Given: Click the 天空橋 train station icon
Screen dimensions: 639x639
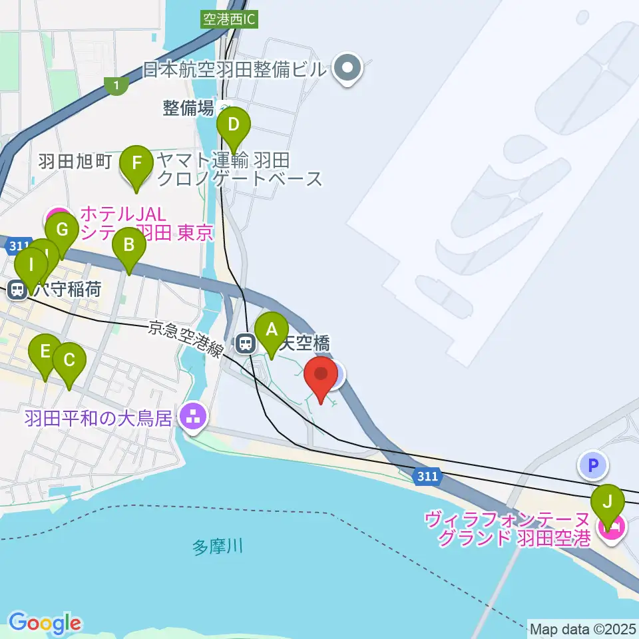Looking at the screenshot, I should pos(246,343).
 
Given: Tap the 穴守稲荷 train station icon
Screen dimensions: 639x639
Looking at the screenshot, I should pos(17,290).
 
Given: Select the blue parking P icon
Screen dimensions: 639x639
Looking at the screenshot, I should pos(593,464).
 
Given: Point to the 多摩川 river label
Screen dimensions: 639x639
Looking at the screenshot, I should pos(217,548).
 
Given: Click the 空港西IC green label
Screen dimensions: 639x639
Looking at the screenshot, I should pos(228,19).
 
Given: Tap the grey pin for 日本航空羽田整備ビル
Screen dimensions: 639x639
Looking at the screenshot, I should pos(347,68).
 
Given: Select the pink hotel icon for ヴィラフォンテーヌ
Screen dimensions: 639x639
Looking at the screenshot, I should pos(610,528).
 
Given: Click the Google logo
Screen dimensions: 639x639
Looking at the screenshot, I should pos(45,623).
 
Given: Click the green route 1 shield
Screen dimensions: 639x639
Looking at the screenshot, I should pos(116,85).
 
